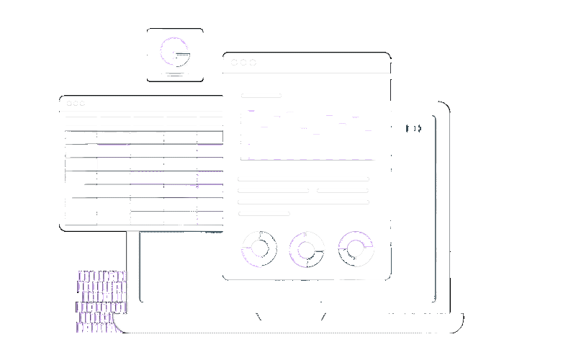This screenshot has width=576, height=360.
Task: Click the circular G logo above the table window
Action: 175,52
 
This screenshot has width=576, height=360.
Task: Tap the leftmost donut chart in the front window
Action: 260,249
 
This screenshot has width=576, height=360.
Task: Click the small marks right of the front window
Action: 413,128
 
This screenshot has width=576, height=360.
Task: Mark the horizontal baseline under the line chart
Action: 307,160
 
